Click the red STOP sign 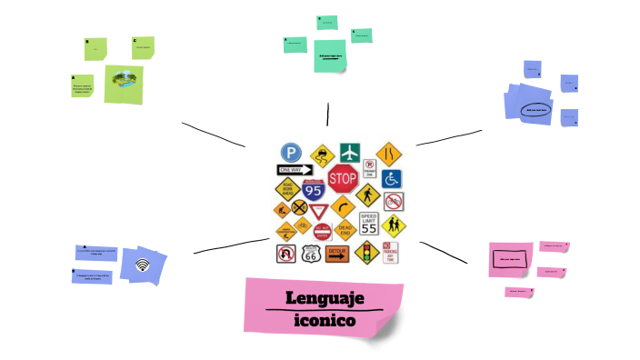click(343, 178)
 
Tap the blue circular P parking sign click(291, 153)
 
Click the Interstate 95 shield click(314, 190)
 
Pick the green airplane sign click(350, 152)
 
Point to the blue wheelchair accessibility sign click(393, 178)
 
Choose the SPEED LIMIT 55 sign click(368, 224)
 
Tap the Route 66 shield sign click(312, 255)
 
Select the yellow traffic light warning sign click(366, 253)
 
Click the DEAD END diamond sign click(345, 228)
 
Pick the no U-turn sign click(286, 254)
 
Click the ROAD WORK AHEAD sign click(287, 191)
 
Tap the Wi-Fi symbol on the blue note click(142, 265)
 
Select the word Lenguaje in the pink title click(325, 298)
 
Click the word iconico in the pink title click(325, 321)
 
